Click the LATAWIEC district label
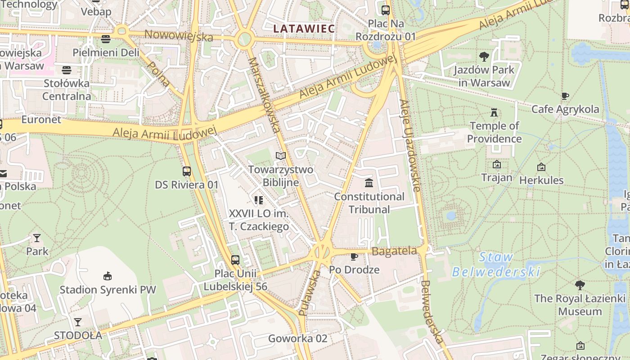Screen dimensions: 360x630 click(304, 29)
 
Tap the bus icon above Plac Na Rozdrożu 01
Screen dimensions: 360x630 click(386, 10)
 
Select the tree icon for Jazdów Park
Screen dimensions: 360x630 click(484, 57)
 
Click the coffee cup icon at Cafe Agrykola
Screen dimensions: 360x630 click(565, 96)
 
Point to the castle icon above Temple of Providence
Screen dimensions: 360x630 click(495, 112)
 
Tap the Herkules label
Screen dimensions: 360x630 click(541, 180)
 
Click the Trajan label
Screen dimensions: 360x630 click(497, 177)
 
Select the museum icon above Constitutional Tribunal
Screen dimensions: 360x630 click(369, 183)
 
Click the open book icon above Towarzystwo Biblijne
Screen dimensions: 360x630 click(281, 156)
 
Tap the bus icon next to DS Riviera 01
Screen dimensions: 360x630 click(187, 171)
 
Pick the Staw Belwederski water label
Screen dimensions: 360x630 click(496, 265)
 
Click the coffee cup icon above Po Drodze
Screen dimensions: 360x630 click(354, 256)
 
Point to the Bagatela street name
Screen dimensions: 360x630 click(395, 252)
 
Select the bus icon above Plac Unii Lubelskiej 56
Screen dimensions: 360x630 click(235, 260)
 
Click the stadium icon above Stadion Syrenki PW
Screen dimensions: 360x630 click(107, 276)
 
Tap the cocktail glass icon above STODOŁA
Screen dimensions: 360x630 click(78, 322)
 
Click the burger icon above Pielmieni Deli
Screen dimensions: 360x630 click(106, 39)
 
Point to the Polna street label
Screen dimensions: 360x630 click(158, 74)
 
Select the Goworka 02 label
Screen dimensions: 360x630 click(297, 338)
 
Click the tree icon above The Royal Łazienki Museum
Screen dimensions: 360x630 click(580, 285)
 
